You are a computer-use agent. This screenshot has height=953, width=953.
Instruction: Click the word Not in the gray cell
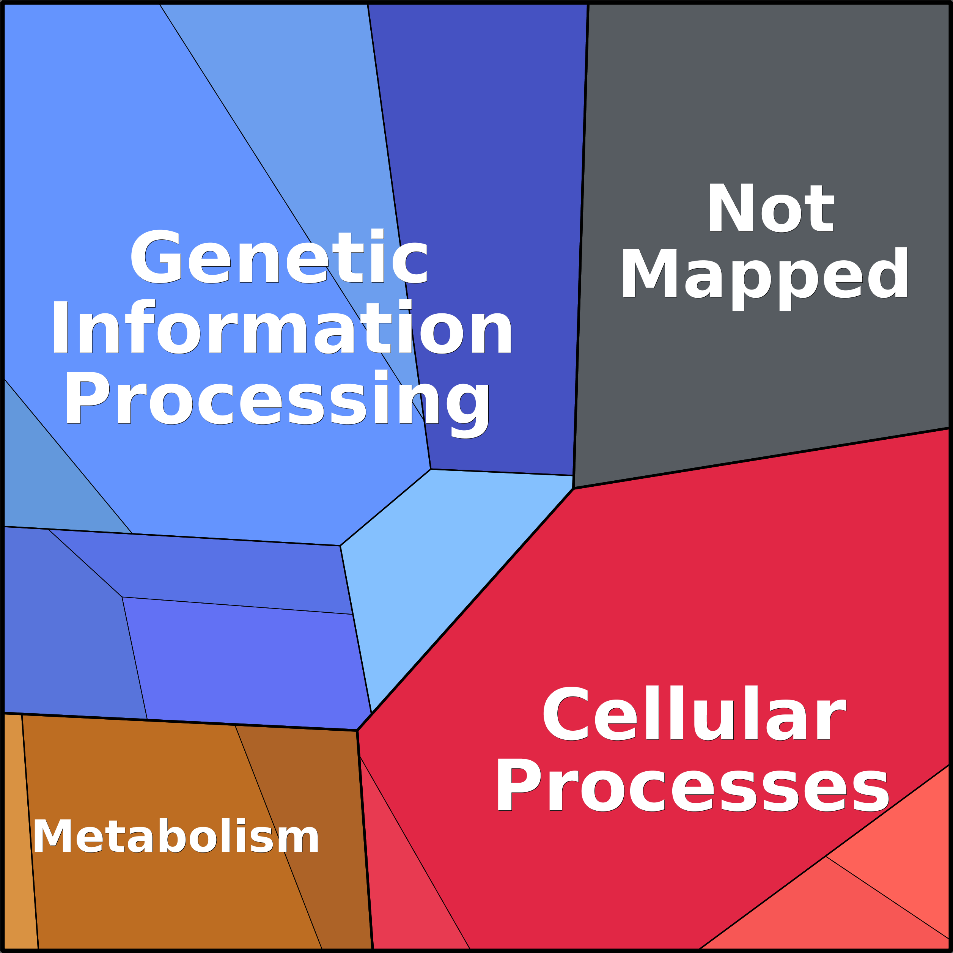tap(771, 208)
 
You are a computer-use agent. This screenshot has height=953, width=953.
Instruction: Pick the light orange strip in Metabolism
tap(19, 838)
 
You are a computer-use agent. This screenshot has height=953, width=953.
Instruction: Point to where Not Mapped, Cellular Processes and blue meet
tap(573, 488)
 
